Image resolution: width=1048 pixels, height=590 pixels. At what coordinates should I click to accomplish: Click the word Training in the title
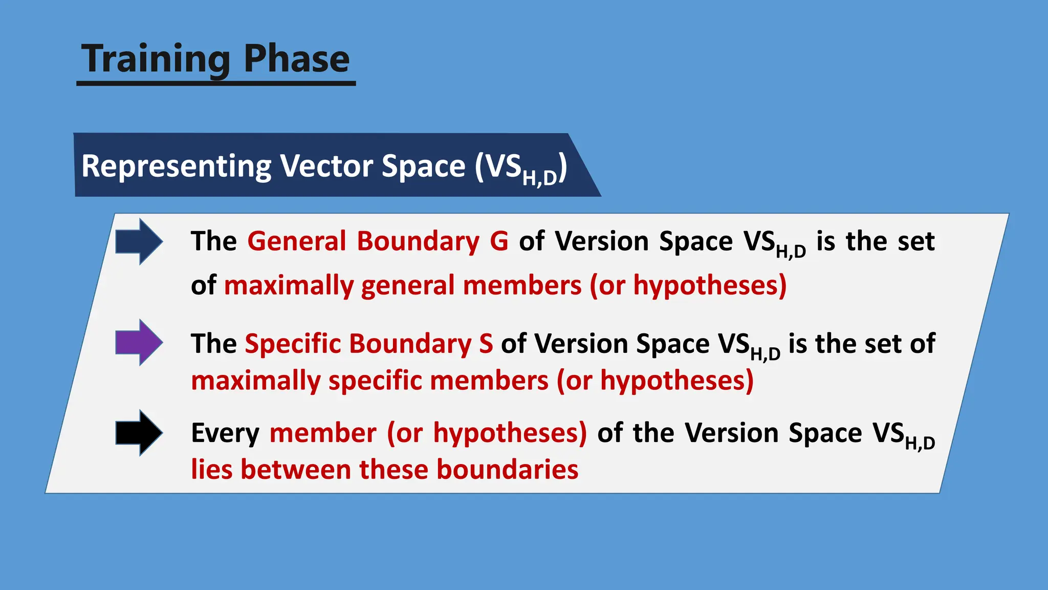tap(156, 59)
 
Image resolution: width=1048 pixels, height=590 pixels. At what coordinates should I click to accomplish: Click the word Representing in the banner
tap(176, 167)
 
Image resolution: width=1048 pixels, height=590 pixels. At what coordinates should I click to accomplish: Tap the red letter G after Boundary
tap(499, 241)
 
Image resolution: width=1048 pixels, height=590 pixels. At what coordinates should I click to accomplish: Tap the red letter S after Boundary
tap(486, 343)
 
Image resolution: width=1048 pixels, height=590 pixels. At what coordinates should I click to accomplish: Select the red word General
tap(297, 241)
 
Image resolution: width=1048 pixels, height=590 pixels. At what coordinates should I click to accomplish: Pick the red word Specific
tap(293, 343)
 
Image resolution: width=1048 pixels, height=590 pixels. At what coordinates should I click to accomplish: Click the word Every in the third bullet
tap(225, 433)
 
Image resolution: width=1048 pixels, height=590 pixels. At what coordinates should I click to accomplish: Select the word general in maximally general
tap(407, 285)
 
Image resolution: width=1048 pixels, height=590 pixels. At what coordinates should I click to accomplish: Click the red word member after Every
tap(323, 433)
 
